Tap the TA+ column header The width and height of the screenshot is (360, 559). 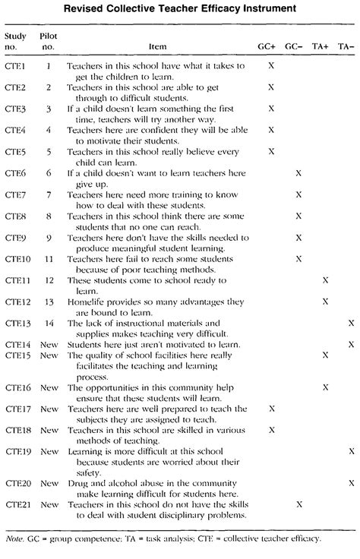[x=325, y=46]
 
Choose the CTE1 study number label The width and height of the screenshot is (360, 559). [x=15, y=66]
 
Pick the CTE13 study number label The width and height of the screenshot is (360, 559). [x=17, y=323]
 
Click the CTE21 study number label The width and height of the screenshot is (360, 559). [x=17, y=504]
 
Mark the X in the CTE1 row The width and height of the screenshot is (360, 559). [x=271, y=66]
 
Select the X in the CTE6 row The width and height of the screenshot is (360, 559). [x=298, y=173]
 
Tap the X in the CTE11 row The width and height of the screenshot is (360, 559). [x=325, y=280]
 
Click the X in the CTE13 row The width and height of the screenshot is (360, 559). [x=351, y=323]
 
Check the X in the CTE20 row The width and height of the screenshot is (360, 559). [x=351, y=482]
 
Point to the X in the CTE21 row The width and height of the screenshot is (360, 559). [x=298, y=504]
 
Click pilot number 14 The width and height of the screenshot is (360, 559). [x=49, y=323]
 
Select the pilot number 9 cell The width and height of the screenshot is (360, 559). [x=49, y=238]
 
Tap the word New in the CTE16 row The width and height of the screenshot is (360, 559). [x=49, y=387]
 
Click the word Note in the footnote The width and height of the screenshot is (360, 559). [x=14, y=538]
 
